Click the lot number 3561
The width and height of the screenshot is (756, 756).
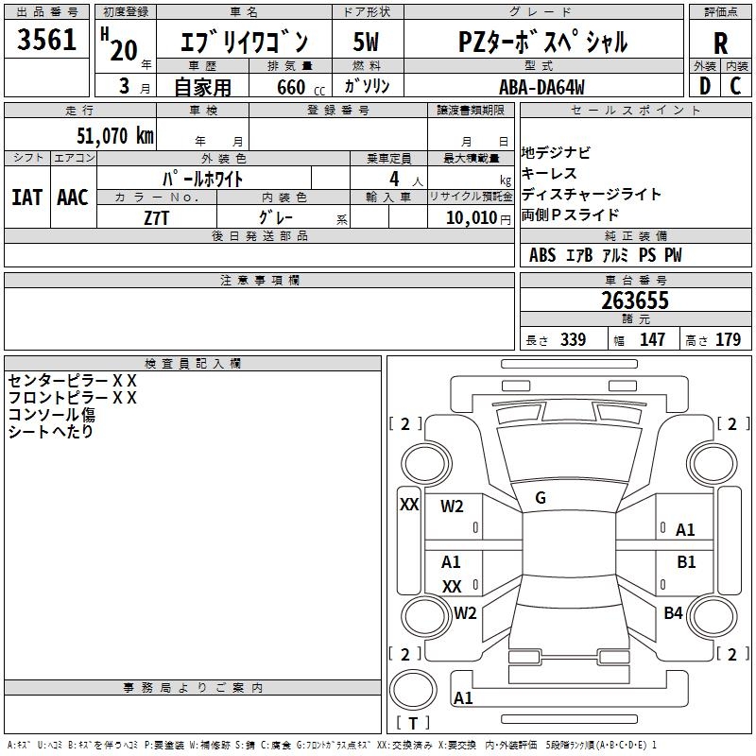coord(47,40)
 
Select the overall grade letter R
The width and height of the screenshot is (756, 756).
coord(720,43)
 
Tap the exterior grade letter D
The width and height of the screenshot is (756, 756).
coord(704,85)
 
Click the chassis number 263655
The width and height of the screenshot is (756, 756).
coord(635,301)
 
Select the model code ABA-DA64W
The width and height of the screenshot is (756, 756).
coord(541,87)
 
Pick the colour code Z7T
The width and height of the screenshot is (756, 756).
coord(157,217)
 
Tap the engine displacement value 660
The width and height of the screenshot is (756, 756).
coord(290,88)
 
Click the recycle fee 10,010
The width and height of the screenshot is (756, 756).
coord(470,218)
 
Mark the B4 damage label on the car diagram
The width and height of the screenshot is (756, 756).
coord(673,613)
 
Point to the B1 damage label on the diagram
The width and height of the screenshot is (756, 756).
coord(686,562)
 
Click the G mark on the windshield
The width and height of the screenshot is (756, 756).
coord(541,498)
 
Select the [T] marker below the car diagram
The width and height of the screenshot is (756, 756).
coord(413,724)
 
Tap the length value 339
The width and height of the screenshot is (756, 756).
coord(573,340)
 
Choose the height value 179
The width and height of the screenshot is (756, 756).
coord(729,340)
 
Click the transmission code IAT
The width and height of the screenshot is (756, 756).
coord(26,198)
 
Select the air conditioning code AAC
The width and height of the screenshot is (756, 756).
coord(73,198)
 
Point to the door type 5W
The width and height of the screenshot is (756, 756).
coord(367,43)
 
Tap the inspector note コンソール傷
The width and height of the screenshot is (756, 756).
coord(52,415)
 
